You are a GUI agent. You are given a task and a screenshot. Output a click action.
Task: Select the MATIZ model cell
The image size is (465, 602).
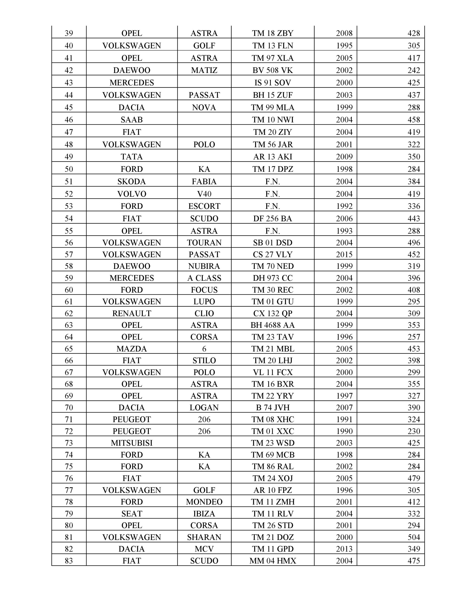pyautogui.click(x=204, y=70)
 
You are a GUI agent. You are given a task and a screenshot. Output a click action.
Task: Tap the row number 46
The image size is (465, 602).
pyautogui.click(x=69, y=120)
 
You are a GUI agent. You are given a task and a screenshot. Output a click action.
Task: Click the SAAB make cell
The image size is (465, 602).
pyautogui.click(x=131, y=120)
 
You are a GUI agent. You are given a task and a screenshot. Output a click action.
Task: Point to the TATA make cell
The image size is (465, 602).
pyautogui.click(x=131, y=157)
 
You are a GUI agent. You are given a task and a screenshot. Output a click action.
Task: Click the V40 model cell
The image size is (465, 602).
pyautogui.click(x=204, y=194)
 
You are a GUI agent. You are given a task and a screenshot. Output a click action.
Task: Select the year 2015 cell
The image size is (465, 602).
pyautogui.click(x=344, y=254)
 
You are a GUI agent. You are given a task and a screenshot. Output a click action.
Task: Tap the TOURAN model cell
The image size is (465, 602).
pyautogui.click(x=204, y=243)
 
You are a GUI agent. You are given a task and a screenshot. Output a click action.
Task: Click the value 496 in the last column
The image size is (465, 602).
pyautogui.click(x=414, y=243)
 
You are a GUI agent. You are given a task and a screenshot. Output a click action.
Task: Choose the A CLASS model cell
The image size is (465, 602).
pyautogui.click(x=204, y=278)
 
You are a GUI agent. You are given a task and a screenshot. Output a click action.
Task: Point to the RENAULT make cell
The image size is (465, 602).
pyautogui.click(x=131, y=313)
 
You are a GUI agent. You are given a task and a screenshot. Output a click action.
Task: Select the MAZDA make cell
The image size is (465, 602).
pyautogui.click(x=131, y=349)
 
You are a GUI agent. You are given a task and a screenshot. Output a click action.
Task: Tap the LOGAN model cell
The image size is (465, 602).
pyautogui.click(x=204, y=407)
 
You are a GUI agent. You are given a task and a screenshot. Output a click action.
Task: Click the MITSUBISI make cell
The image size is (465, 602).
pyautogui.click(x=131, y=443)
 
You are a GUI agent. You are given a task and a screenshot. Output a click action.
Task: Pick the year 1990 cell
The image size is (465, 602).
pyautogui.click(x=344, y=431)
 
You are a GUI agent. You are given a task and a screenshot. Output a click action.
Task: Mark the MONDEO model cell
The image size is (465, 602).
pyautogui.click(x=204, y=502)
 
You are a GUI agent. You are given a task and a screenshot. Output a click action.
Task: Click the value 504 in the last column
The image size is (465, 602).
pyautogui.click(x=414, y=537)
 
